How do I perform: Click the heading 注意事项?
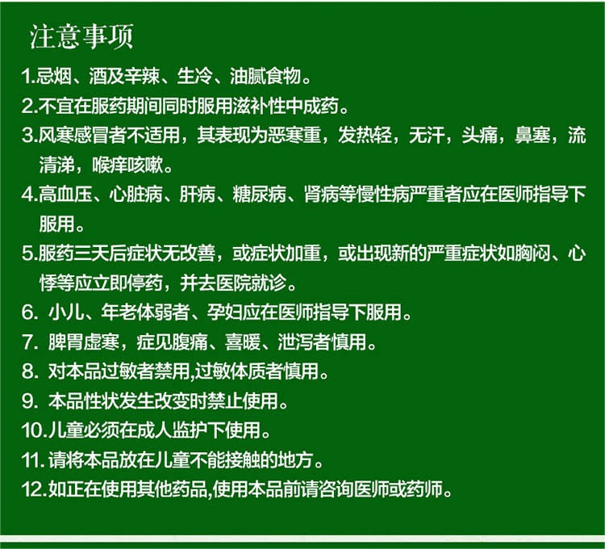coord(81,36)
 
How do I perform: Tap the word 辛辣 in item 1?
coord(142,76)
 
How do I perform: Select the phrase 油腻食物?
coord(265,76)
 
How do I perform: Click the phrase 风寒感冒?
coord(73,135)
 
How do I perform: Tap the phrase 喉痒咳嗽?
coord(127,165)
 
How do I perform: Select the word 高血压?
coord(65,195)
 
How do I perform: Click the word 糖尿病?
coord(259,195)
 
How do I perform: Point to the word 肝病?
coord(197,195)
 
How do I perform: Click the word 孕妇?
coord(224,312)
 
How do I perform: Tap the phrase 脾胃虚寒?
coord(83,342)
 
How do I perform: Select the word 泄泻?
coord(295,342)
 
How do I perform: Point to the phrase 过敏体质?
coord(230,371)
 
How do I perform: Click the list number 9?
coord(28,401)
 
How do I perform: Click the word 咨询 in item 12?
coord(336,489)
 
